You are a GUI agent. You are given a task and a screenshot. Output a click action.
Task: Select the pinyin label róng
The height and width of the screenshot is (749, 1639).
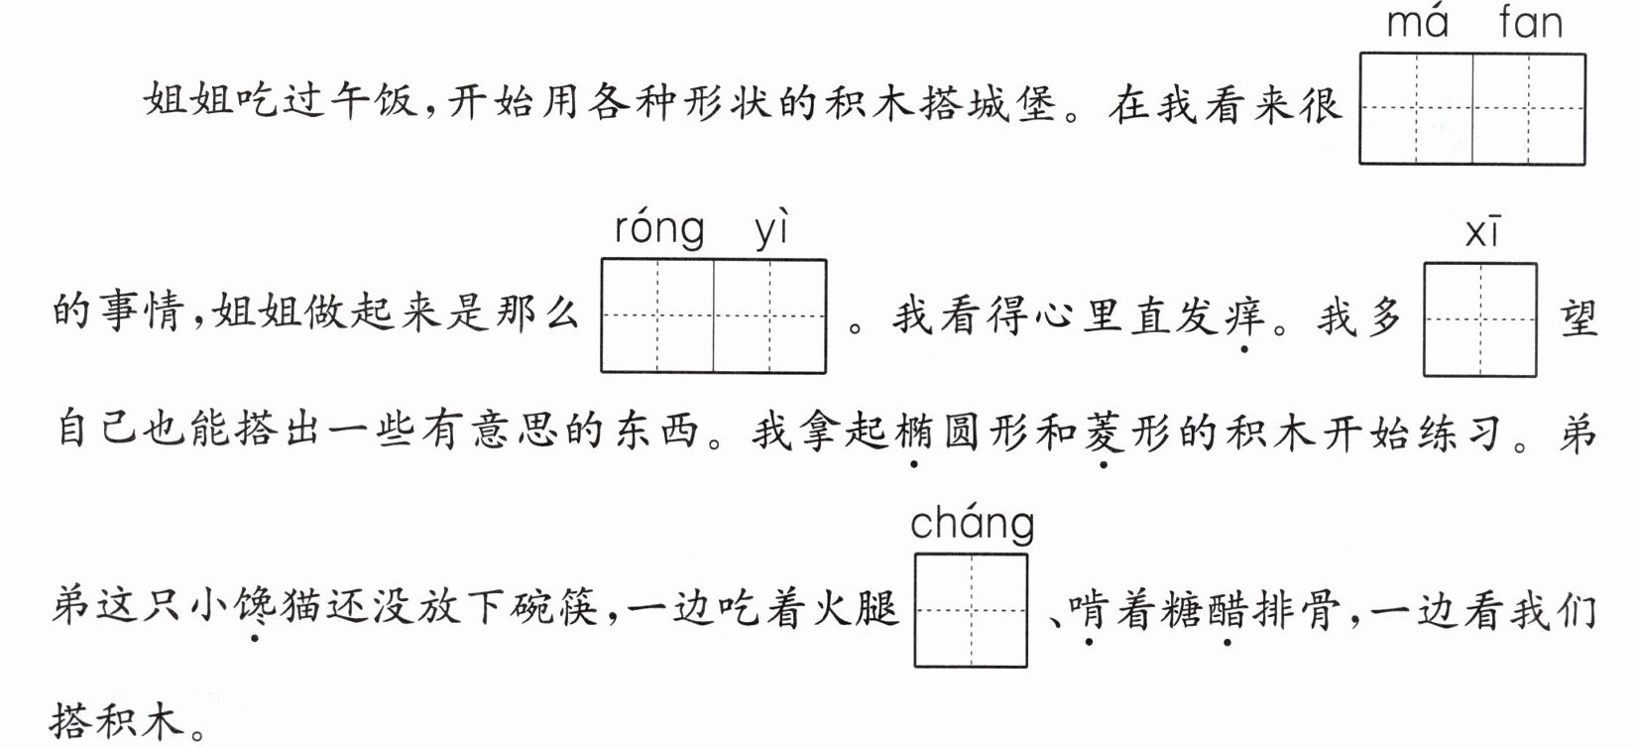click(659, 229)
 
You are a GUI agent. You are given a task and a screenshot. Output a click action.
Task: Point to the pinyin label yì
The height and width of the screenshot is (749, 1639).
click(771, 228)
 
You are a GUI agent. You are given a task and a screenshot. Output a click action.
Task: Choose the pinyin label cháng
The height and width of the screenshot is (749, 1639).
click(973, 524)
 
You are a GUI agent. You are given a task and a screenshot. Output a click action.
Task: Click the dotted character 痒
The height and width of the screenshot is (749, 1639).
click(1244, 316)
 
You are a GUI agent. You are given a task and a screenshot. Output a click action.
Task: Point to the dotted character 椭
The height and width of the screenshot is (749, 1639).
click(913, 432)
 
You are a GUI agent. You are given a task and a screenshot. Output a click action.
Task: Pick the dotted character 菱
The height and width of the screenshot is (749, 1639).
click(1105, 432)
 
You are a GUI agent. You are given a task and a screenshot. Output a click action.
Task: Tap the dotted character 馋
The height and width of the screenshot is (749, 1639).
click(254, 607)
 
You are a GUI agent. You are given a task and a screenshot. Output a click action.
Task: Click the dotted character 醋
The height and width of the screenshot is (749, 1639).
click(1228, 609)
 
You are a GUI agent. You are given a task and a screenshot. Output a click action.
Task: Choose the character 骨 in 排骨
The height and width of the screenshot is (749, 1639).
click(1319, 609)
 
